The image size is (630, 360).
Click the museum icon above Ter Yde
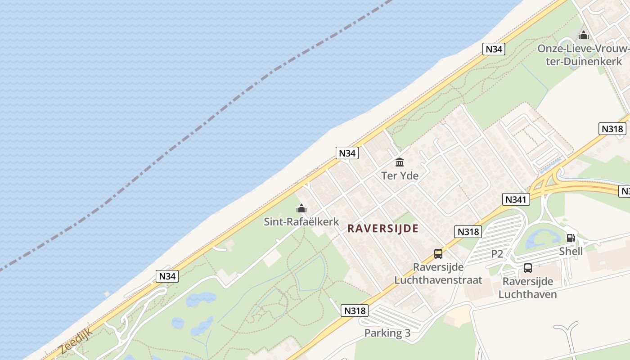(400, 162)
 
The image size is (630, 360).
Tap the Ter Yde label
(400, 175)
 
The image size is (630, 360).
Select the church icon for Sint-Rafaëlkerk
(301, 208)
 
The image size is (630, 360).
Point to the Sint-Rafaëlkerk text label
(301, 221)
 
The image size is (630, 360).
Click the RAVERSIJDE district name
(383, 229)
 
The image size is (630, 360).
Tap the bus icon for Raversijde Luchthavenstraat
(438, 254)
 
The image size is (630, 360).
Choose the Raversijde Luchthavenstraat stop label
(438, 274)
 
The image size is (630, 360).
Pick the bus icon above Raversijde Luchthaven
(528, 268)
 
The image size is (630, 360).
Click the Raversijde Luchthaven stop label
(528, 288)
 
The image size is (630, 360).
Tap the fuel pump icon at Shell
(571, 238)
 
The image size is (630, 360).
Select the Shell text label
(571, 251)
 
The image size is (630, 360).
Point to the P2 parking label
(497, 254)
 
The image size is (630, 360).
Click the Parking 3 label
(387, 333)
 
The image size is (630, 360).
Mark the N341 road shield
(516, 199)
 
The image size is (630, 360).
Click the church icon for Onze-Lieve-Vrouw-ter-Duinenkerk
(584, 35)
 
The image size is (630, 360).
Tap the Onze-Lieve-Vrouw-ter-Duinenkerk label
(584, 55)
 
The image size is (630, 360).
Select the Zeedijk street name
(76, 341)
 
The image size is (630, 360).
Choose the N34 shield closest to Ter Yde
(347, 153)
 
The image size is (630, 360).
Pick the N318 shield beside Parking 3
(355, 310)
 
